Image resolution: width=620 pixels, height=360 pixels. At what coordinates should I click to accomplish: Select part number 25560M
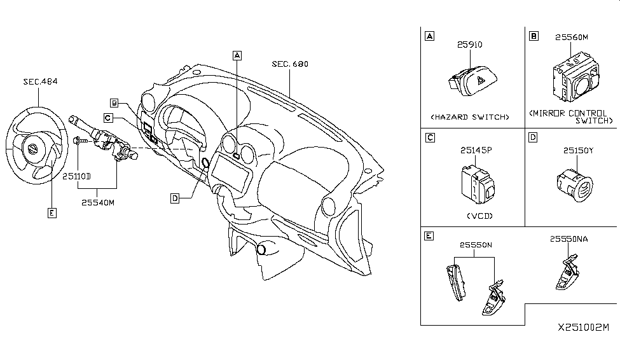[x=571, y=38]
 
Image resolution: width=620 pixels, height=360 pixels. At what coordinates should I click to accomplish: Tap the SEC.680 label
[x=290, y=64]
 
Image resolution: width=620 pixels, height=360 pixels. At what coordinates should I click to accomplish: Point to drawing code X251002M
[x=583, y=328]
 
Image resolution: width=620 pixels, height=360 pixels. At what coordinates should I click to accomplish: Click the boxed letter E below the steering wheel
[x=52, y=212]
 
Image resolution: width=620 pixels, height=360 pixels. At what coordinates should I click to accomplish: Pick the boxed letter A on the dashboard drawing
[x=237, y=55]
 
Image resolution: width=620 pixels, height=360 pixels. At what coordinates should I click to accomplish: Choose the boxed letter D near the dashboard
[x=174, y=198]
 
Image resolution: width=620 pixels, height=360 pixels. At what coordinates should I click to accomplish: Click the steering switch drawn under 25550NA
[x=568, y=275]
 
